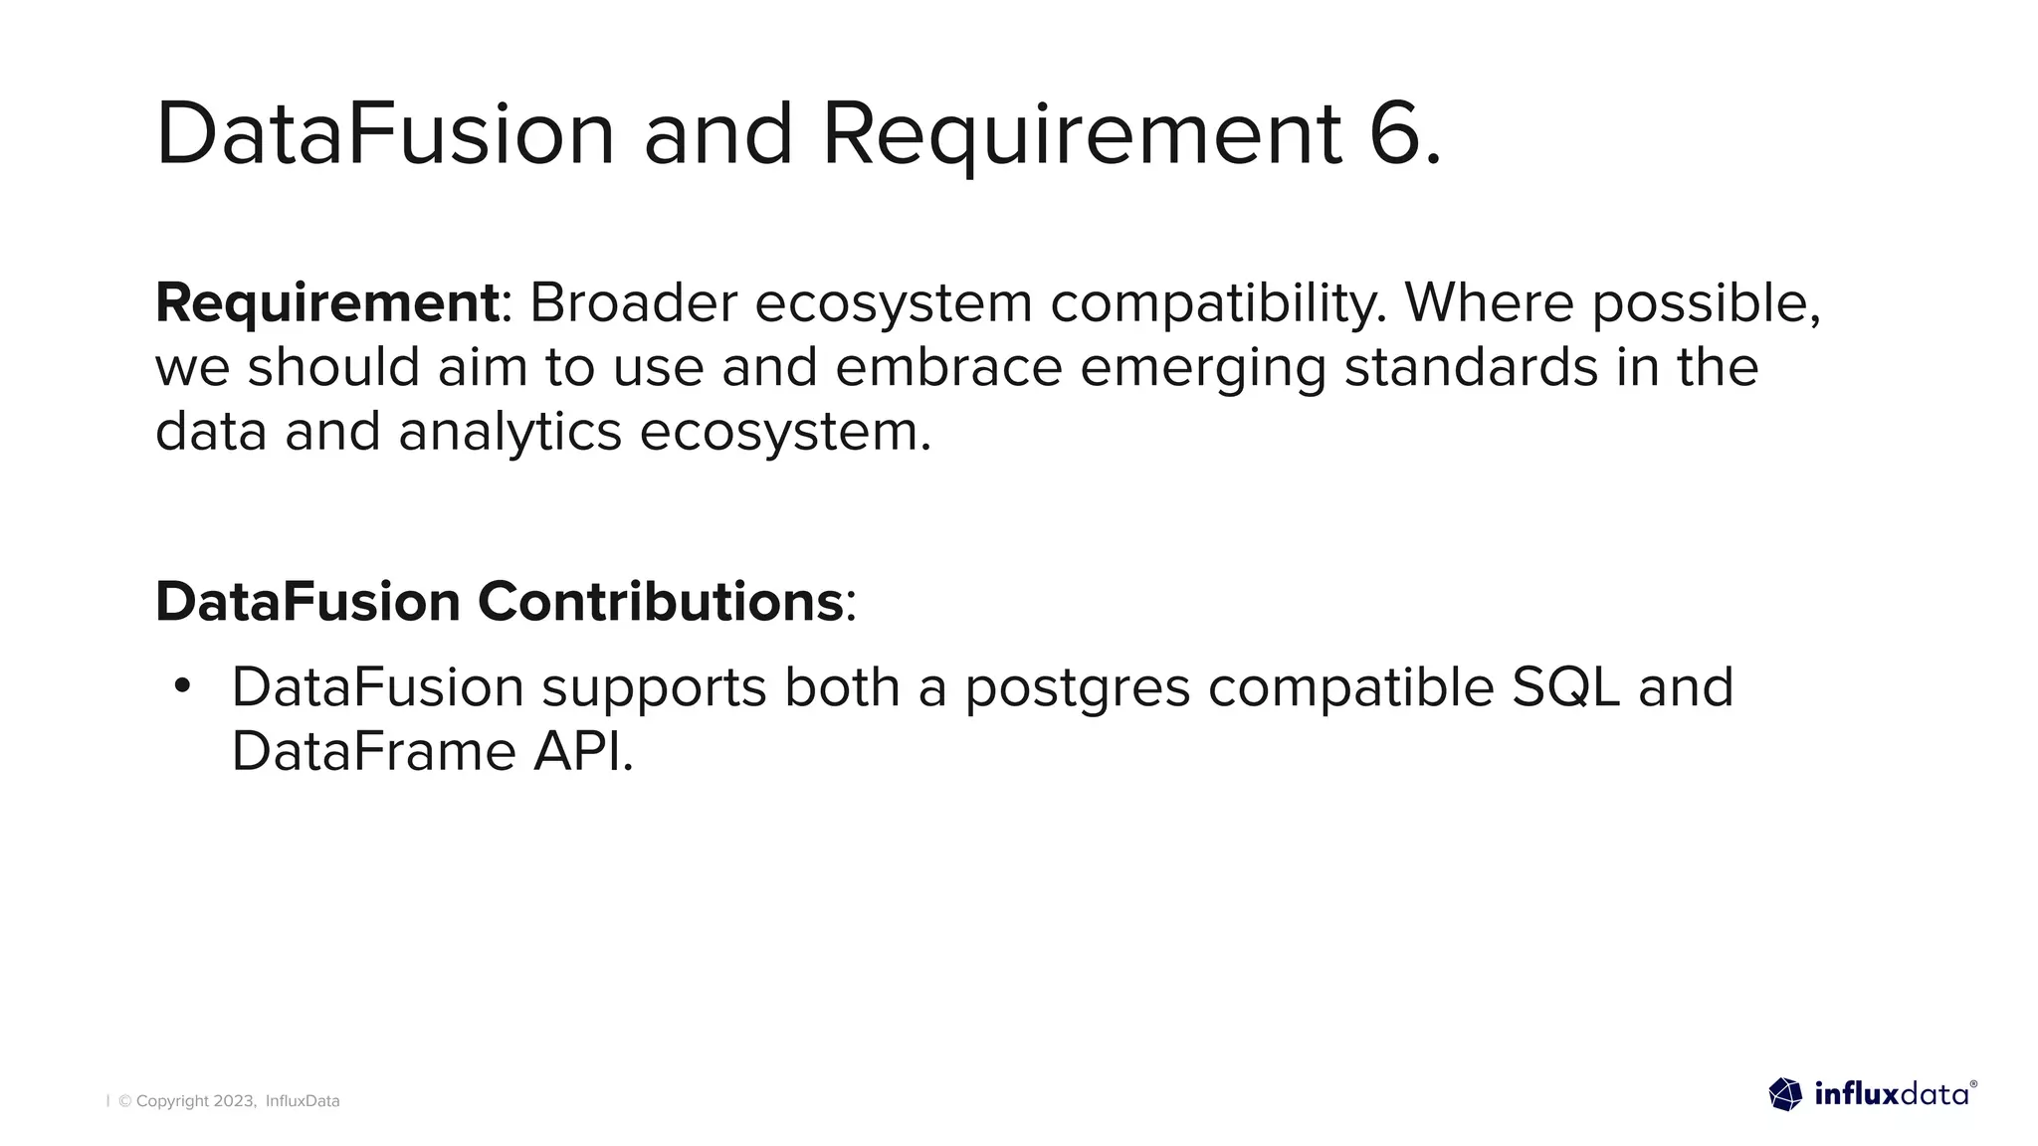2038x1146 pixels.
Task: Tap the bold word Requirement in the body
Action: pyautogui.click(x=326, y=302)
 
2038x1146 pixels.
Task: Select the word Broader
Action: pyautogui.click(x=633, y=302)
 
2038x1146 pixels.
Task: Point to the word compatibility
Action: pyautogui.click(x=1217, y=304)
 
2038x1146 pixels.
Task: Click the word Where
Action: pyautogui.click(x=1488, y=302)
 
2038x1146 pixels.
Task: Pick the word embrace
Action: pyautogui.click(x=948, y=367)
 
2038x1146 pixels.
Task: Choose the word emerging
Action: pyautogui.click(x=1202, y=369)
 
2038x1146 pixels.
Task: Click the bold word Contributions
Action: pyautogui.click(x=661, y=602)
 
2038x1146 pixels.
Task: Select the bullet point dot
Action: pyautogui.click(x=181, y=686)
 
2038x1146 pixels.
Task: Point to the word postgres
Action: pyautogui.click(x=1077, y=688)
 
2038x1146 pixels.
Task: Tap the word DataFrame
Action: pyautogui.click(x=373, y=751)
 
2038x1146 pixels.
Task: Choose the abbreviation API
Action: pyautogui.click(x=582, y=751)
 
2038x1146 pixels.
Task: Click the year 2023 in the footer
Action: pyautogui.click(x=235, y=1101)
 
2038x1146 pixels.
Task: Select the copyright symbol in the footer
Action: pyautogui.click(x=125, y=1101)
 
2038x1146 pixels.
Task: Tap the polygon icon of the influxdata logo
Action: pyautogui.click(x=1785, y=1094)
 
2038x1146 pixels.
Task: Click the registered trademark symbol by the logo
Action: pyautogui.click(x=1973, y=1084)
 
